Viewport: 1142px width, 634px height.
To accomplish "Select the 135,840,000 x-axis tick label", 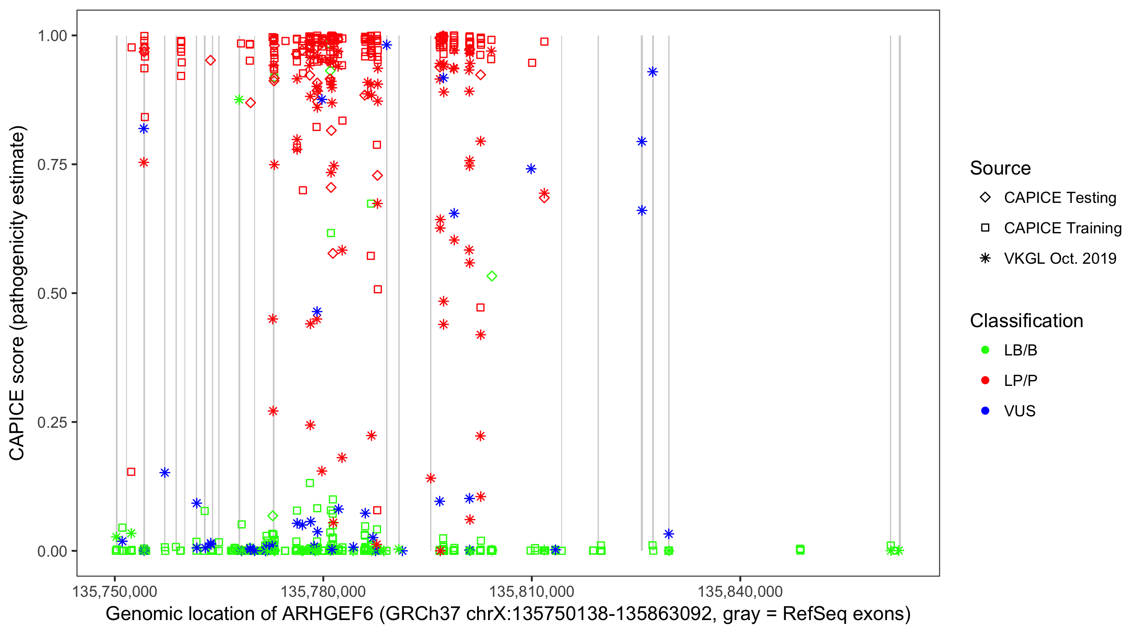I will [740, 592].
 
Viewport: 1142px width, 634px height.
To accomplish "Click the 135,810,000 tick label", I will [531, 592].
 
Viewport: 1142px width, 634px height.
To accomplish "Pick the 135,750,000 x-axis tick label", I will [115, 592].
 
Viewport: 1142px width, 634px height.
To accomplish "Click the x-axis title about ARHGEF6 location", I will [508, 614].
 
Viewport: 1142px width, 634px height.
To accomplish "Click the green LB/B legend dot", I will [985, 350].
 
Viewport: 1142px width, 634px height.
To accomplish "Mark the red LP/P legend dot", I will [985, 380].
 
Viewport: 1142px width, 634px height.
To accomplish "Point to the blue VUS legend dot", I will [985, 411].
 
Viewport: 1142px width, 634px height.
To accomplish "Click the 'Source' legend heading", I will [1000, 168].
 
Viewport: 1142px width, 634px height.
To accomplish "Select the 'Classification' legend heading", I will [1026, 321].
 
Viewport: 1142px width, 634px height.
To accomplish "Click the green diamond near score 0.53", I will [491, 276].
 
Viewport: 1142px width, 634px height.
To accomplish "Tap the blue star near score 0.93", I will [652, 72].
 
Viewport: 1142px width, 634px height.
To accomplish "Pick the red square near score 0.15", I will [131, 472].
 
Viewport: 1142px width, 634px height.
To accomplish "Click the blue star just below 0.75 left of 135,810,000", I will [531, 169].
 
